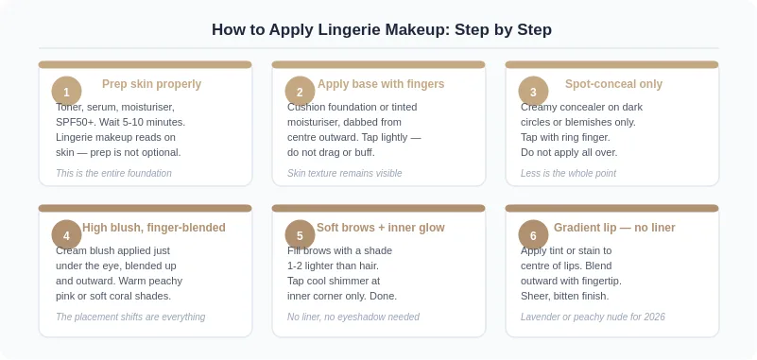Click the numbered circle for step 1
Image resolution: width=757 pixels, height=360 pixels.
point(66,92)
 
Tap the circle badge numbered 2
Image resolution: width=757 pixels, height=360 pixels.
point(300,92)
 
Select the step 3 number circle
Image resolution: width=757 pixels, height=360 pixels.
point(533,92)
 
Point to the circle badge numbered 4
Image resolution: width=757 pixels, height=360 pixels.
point(66,235)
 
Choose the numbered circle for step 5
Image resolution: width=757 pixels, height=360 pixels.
point(300,235)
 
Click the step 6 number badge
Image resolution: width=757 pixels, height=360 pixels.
point(533,235)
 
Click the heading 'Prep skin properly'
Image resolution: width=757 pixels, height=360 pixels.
point(151,84)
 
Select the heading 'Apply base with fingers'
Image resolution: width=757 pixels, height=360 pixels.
point(381,84)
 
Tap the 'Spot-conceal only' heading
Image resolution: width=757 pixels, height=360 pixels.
point(613,84)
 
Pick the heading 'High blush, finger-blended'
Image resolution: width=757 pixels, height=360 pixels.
point(154,228)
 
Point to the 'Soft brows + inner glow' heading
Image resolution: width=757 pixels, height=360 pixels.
point(381,228)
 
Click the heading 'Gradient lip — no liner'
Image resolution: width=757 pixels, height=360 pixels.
point(614,228)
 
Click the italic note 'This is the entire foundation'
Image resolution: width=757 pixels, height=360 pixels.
point(113,173)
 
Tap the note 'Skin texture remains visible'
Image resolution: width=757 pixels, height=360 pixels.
point(345,173)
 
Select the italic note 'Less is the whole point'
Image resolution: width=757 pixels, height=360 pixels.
point(568,173)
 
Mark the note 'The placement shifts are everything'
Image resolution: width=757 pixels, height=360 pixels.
point(130,317)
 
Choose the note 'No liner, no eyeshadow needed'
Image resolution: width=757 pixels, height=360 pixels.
point(353,317)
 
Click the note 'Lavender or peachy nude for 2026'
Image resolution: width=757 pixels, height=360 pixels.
point(593,317)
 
